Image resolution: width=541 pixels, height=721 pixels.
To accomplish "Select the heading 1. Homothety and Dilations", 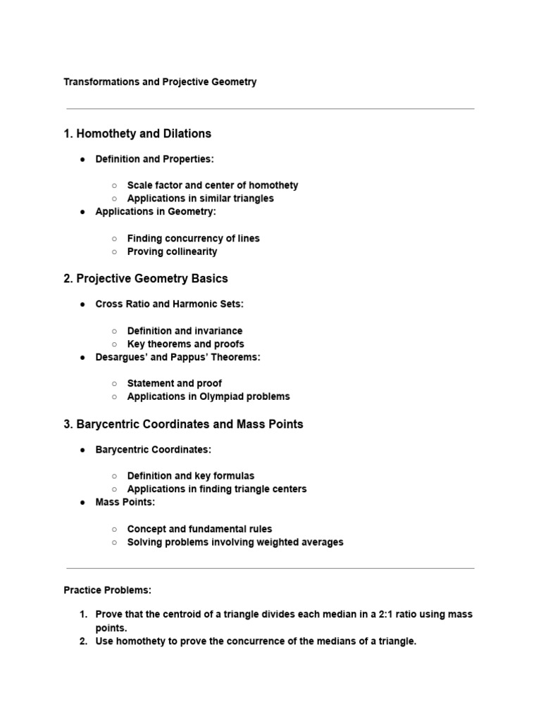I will tap(137, 133).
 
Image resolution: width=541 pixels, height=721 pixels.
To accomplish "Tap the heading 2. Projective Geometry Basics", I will tap(146, 278).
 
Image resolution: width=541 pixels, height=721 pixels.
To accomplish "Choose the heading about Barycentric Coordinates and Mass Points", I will tap(183, 424).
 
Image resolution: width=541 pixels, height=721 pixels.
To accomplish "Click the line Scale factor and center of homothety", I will tap(213, 185).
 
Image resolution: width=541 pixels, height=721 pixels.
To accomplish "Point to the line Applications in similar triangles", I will tap(201, 199).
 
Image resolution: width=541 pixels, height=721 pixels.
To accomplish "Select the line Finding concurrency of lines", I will tap(194, 239).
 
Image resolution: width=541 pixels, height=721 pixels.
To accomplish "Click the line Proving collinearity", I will tap(172, 251).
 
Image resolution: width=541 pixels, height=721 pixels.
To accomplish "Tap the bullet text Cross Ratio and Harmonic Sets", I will tap(170, 304).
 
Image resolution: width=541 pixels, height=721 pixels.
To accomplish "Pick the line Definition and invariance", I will tap(185, 331).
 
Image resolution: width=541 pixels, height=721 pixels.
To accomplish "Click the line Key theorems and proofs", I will tap(186, 344).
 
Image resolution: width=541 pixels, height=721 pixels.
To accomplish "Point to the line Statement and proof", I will tap(175, 384).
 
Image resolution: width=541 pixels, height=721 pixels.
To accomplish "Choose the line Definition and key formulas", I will tap(191, 476).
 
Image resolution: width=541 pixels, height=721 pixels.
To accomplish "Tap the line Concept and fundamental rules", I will tap(199, 529).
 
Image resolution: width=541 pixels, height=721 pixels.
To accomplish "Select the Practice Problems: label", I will tap(108, 589).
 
